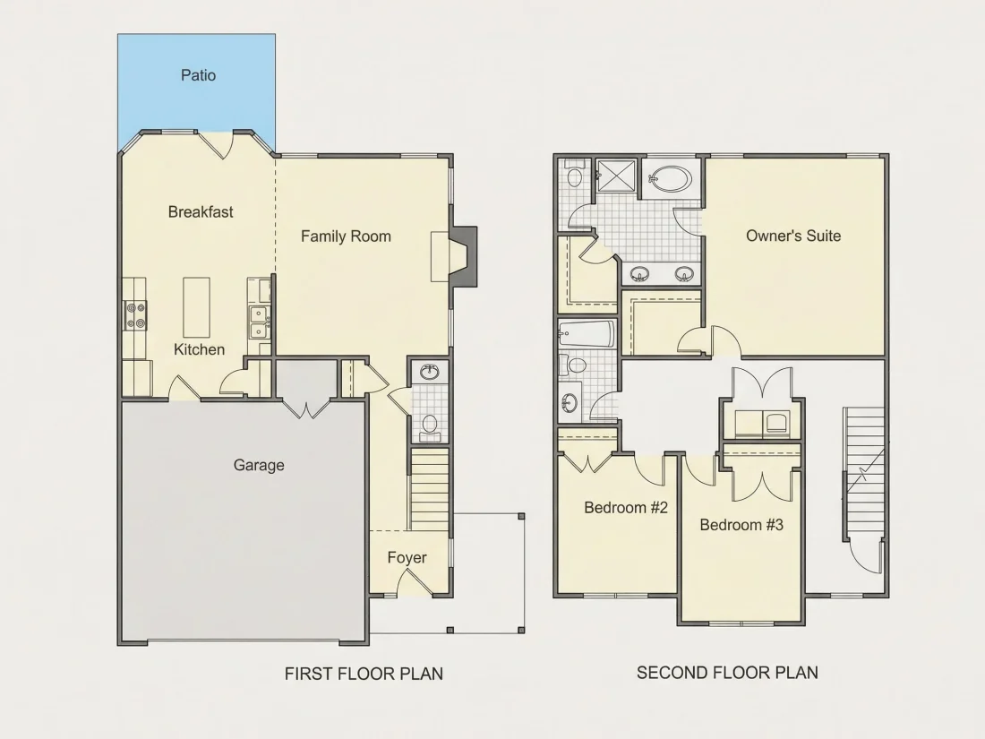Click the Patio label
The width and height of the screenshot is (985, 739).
coord(199,75)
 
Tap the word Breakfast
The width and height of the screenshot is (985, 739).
coord(201,211)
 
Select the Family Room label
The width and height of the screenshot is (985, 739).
coord(346,236)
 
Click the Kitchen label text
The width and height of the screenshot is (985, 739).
coord(199,349)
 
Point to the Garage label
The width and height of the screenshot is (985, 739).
coord(259,465)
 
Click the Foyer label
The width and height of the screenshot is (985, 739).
coord(407,557)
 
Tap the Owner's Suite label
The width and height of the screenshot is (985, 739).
coord(793,236)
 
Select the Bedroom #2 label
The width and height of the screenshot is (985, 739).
coord(626,507)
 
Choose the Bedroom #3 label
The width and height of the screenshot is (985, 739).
coord(741,525)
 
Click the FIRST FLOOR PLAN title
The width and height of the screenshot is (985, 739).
coord(364,674)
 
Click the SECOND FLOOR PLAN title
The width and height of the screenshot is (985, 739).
coord(727,673)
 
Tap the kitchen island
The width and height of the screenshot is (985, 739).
coord(196,307)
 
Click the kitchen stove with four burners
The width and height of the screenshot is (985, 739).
coord(134,315)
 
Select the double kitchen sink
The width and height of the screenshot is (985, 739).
coord(258,322)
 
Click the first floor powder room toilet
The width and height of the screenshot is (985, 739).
coord(430,425)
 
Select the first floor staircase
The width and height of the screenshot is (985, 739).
coord(431,488)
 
